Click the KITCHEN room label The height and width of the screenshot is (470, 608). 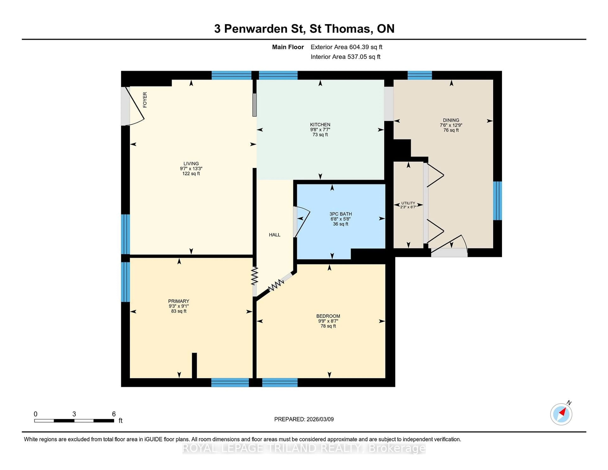pos(320,124)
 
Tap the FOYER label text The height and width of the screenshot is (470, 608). pos(145,100)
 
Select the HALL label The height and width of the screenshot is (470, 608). pos(275,235)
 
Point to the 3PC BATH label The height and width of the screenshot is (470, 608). pos(340,214)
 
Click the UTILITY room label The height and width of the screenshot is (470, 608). pos(408,203)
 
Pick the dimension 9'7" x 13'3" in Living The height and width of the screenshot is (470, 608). pos(191,168)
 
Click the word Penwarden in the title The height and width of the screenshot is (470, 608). pos(256,29)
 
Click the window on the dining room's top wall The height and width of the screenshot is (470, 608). pos(420,75)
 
